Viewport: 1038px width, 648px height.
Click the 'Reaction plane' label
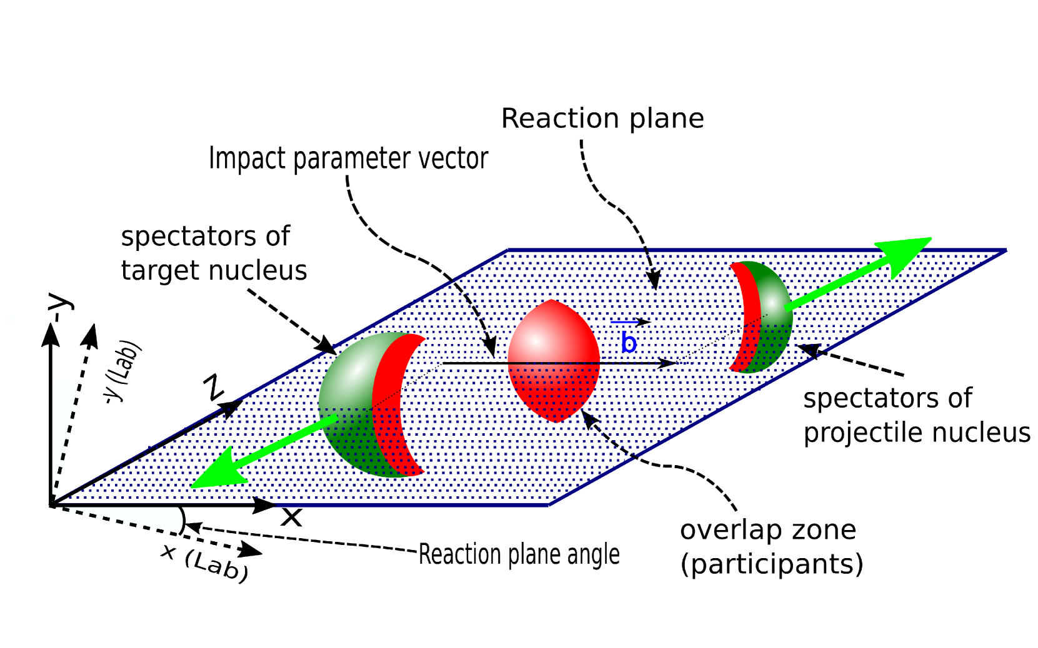click(x=602, y=119)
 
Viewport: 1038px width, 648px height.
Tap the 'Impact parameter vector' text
click(x=348, y=159)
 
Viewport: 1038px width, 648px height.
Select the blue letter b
click(x=629, y=343)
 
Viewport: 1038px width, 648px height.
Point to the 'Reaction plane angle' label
click(x=519, y=554)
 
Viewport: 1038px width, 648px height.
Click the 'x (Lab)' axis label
click(x=205, y=562)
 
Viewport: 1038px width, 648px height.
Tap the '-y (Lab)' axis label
click(x=122, y=371)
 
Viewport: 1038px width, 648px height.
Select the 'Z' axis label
click(x=214, y=388)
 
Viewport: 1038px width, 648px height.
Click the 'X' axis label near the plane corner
click(x=291, y=518)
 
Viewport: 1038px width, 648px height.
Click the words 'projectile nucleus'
click(x=916, y=433)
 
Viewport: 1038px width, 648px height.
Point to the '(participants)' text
click(x=771, y=564)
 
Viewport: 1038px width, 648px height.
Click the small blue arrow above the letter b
click(x=630, y=322)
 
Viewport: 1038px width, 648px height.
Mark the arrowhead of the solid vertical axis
click(x=51, y=334)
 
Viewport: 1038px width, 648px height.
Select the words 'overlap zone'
click(x=767, y=530)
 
